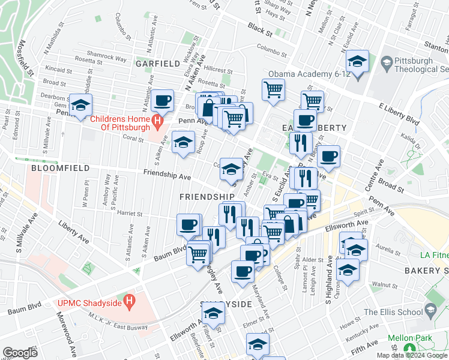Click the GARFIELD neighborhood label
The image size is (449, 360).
click(x=157, y=63)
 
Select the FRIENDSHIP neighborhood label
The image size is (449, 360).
click(x=206, y=197)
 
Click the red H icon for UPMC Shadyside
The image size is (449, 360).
click(x=127, y=299)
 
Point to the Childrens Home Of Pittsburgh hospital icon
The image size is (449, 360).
click(x=157, y=122)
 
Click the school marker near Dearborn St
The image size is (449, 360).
click(x=80, y=106)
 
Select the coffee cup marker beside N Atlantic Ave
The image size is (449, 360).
click(x=162, y=101)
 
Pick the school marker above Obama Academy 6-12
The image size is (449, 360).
click(x=357, y=62)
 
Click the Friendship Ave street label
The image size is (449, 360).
click(x=167, y=176)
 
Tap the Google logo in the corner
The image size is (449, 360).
click(x=20, y=353)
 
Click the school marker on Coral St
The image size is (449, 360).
click(x=183, y=142)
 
